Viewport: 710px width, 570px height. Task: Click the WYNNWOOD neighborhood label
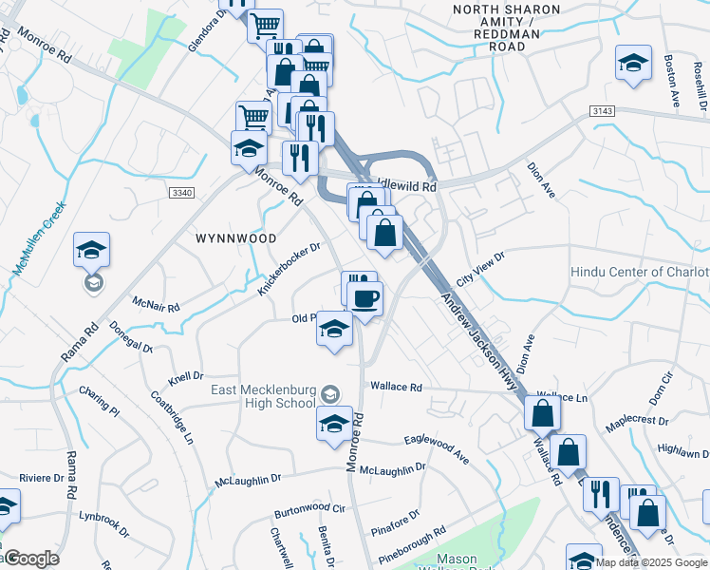[235, 238]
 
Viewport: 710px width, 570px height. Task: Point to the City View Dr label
[481, 268]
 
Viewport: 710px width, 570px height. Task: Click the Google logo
[31, 559]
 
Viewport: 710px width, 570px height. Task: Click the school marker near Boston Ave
[633, 65]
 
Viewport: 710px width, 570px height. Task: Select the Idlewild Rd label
[405, 187]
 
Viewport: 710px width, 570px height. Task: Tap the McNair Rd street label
[156, 305]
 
